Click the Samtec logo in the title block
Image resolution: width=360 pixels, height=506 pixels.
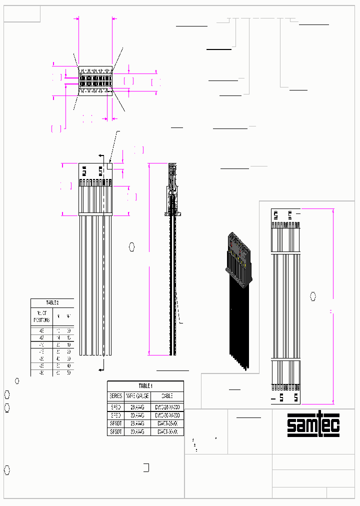coord(313,425)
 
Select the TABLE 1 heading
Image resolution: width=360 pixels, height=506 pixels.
coord(145,386)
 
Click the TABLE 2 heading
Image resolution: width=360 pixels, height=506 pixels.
coord(52,303)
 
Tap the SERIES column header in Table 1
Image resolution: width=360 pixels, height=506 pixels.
coord(115,395)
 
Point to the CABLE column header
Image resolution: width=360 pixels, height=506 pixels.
coord(167,395)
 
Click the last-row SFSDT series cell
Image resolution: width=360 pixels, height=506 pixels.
coord(115,431)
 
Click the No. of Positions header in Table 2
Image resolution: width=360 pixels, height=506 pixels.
coord(41,316)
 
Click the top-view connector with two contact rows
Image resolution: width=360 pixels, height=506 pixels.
coord(94,81)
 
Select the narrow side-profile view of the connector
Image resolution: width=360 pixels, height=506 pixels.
coord(172,190)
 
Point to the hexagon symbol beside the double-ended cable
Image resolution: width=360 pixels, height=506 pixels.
coord(313,296)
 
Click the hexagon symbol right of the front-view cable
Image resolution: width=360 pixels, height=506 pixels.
coord(132,246)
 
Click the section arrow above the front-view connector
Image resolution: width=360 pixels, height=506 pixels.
coord(101,155)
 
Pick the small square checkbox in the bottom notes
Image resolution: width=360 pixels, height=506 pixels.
coord(146,468)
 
